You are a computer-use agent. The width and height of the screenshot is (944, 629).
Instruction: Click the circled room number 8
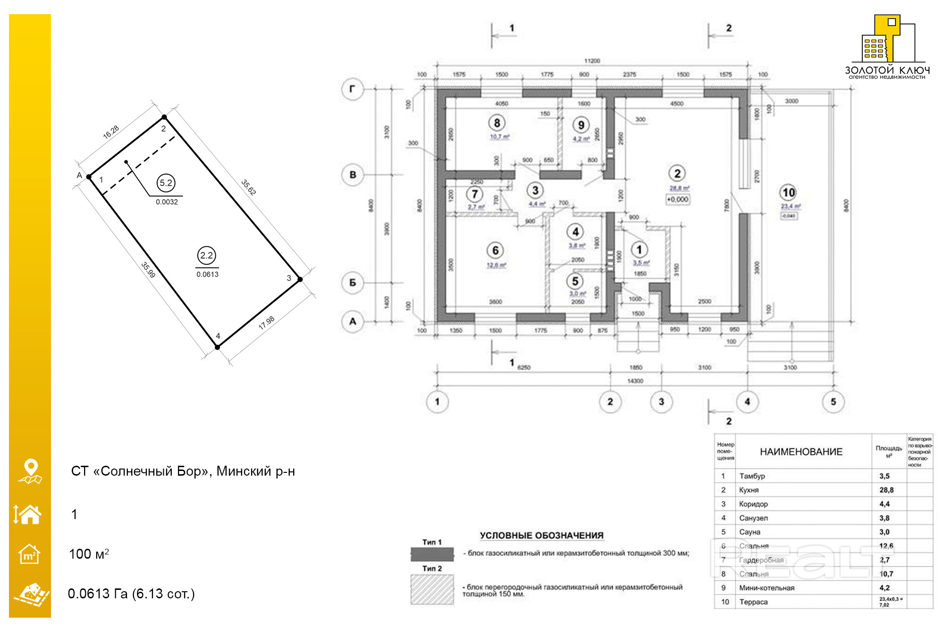(497, 123)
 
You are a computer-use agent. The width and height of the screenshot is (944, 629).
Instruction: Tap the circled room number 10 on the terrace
(788, 193)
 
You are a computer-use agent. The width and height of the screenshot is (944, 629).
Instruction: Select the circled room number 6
(495, 250)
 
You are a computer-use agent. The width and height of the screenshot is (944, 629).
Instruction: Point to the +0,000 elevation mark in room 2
(677, 200)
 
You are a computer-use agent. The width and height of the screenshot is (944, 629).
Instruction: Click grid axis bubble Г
(352, 89)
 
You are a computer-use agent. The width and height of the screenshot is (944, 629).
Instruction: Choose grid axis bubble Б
(352, 283)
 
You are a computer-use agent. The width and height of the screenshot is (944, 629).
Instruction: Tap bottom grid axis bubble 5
(833, 402)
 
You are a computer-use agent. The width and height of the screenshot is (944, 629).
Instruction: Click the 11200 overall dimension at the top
(592, 61)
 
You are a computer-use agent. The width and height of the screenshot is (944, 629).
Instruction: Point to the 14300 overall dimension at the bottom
(635, 381)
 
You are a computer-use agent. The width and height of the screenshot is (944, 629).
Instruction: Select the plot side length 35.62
(248, 187)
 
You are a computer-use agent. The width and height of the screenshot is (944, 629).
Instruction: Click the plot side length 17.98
(267, 323)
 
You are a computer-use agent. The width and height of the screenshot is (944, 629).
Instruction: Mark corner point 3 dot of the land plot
(300, 279)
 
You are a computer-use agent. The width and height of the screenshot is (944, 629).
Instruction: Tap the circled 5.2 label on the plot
(166, 183)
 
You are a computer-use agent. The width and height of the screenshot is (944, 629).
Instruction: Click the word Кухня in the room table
(749, 490)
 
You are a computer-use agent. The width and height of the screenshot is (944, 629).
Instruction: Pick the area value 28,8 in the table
(886, 490)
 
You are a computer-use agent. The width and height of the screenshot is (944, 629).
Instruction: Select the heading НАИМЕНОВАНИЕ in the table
(801, 452)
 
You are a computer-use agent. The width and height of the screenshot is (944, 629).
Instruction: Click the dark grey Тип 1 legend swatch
(432, 554)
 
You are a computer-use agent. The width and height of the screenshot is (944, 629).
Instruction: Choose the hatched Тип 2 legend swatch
(432, 589)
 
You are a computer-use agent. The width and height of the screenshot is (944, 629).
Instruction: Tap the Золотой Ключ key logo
(887, 40)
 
